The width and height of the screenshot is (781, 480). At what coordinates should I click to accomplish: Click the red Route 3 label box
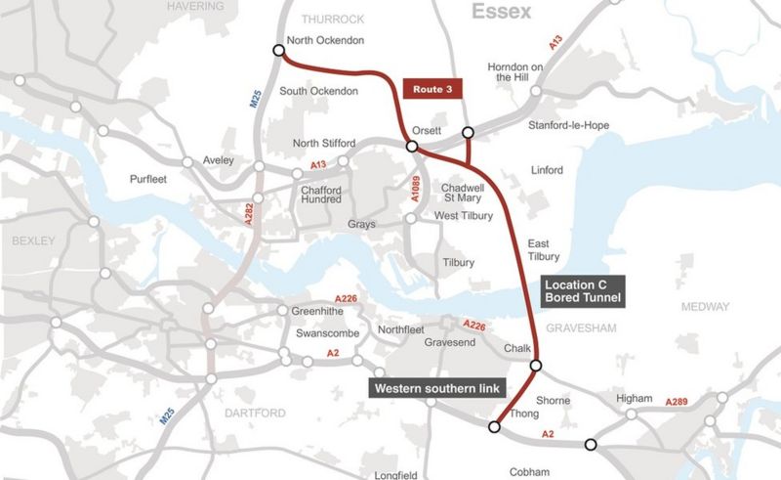pyautogui.click(x=431, y=88)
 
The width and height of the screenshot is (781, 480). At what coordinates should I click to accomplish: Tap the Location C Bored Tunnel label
pyautogui.click(x=582, y=289)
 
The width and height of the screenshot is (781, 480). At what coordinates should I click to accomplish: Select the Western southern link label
pyautogui.click(x=435, y=388)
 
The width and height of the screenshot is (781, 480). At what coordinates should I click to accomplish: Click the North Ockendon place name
pyautogui.click(x=326, y=41)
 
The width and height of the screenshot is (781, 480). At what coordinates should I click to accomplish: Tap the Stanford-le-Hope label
pyautogui.click(x=571, y=126)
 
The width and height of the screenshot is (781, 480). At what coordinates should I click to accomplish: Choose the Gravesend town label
pyautogui.click(x=449, y=343)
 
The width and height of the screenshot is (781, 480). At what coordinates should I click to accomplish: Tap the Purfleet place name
pyautogui.click(x=151, y=179)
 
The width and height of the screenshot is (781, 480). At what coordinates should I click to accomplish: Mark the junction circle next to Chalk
pyautogui.click(x=535, y=366)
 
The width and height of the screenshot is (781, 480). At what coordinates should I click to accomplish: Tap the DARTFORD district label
pyautogui.click(x=250, y=412)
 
